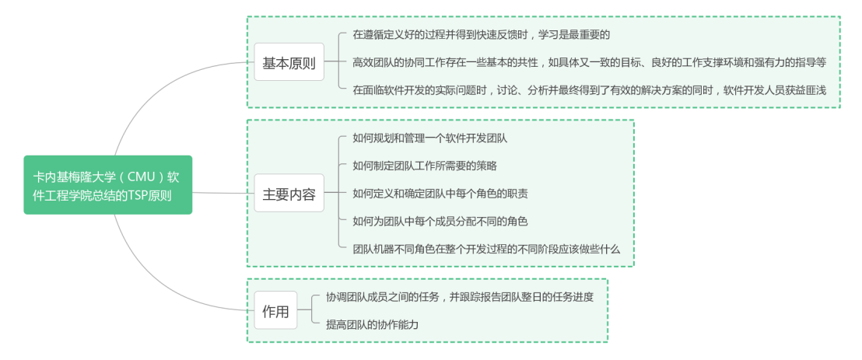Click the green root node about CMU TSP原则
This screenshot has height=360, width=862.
coord(107,184)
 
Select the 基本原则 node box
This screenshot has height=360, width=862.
coord(289,62)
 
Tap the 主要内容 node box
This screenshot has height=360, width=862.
coord(289,194)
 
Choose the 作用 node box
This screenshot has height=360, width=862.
coord(275,311)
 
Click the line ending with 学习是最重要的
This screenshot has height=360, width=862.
coord(481,35)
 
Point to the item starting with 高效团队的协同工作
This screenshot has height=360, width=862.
coord(589,62)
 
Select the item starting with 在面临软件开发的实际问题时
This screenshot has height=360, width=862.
coord(594,90)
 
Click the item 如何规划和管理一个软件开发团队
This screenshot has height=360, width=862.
coord(429,138)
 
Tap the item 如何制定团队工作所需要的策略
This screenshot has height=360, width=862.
coord(424,166)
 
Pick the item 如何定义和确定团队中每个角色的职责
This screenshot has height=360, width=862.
coord(440,194)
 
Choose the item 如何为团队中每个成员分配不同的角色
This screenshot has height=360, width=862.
coord(440,222)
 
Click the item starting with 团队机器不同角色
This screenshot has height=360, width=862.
coord(486,249)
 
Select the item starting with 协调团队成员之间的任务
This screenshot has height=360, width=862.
coord(465,297)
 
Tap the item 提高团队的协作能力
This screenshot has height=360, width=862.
coord(372,325)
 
